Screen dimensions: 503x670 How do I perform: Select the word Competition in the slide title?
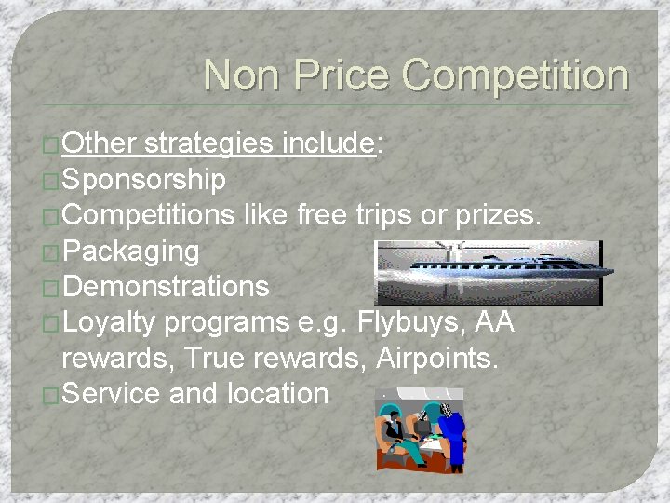coord(516,75)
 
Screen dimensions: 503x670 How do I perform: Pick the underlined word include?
coord(327,143)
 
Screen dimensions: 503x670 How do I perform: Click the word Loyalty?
coord(113,322)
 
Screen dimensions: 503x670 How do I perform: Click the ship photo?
coord(489,272)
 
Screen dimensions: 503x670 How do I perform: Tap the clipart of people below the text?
coord(419,429)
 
